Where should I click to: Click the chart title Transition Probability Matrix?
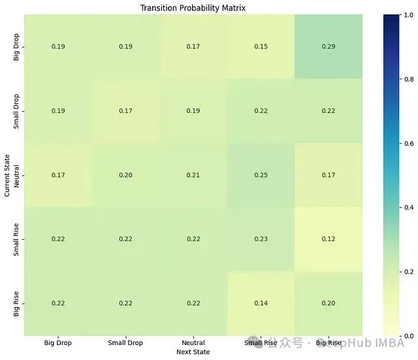click(193, 8)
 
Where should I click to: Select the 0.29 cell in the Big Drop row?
click(329, 46)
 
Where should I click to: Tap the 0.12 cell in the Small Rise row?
click(329, 239)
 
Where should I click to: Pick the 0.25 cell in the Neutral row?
click(261, 175)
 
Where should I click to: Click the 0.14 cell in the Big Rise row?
click(261, 303)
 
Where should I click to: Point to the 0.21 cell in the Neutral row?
click(193, 175)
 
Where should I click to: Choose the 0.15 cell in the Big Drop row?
click(261, 46)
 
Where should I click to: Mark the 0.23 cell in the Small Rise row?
click(261, 239)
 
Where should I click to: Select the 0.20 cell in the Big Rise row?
click(329, 303)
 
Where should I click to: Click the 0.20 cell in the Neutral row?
click(126, 175)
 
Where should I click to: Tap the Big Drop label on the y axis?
click(17, 46)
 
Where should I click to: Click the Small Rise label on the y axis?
click(17, 239)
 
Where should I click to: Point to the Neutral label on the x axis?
click(193, 342)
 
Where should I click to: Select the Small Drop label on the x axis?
click(126, 342)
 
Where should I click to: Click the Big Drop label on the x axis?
click(59, 342)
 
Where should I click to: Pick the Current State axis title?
click(7, 175)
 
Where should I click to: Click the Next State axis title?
click(193, 352)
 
